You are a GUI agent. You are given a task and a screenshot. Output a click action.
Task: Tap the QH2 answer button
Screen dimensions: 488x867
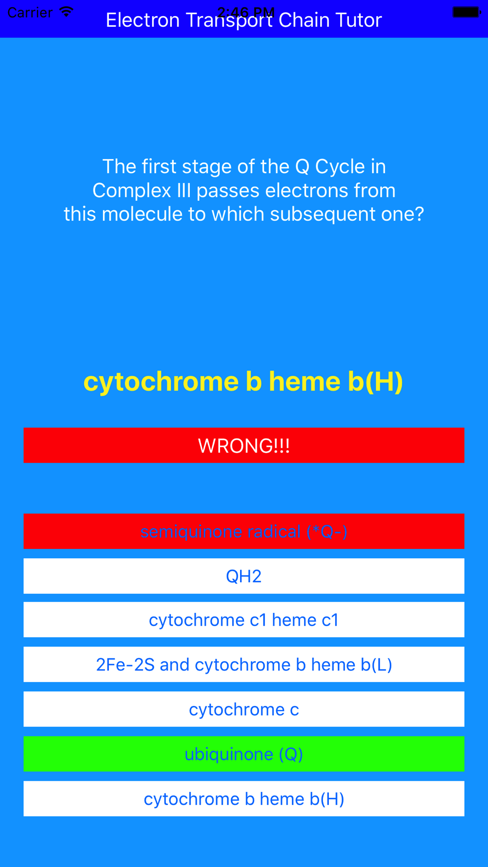[244, 576]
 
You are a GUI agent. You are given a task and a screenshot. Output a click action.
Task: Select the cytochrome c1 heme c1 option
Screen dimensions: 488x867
[244, 620]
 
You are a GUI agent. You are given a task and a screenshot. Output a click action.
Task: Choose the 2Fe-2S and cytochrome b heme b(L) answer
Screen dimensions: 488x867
[244, 665]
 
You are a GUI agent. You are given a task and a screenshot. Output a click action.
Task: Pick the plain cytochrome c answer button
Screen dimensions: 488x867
[244, 709]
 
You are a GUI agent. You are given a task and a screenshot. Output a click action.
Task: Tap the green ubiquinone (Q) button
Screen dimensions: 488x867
[244, 754]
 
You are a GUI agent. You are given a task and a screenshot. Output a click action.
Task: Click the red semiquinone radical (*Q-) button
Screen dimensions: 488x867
[244, 531]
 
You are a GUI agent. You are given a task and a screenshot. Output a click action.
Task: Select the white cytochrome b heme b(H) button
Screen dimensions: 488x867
[244, 799]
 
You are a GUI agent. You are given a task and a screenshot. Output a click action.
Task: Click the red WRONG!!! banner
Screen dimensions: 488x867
[244, 445]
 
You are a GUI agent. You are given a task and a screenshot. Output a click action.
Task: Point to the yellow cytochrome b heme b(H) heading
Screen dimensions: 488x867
[244, 381]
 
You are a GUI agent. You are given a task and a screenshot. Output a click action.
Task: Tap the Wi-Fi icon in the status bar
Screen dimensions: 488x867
[66, 12]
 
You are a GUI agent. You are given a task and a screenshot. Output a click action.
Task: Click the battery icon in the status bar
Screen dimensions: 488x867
[467, 12]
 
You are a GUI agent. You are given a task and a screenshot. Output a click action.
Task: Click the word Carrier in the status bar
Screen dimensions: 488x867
[30, 12]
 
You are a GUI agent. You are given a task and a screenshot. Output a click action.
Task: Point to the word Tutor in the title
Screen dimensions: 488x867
[360, 20]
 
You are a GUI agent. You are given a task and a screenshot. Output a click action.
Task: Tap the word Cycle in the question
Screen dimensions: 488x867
[340, 167]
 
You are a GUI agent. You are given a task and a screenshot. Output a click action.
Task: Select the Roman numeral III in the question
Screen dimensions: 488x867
[184, 190]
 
